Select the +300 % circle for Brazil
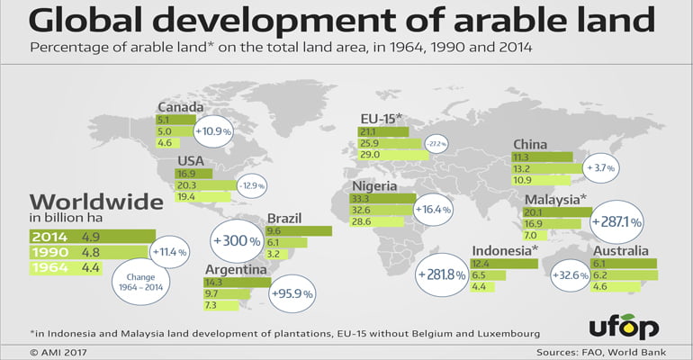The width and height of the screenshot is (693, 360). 240,241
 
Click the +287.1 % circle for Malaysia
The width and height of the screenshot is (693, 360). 616,220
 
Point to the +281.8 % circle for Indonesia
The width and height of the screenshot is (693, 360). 441,274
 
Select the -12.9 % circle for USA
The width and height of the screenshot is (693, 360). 251,185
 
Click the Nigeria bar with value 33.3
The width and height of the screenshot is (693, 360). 383,198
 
